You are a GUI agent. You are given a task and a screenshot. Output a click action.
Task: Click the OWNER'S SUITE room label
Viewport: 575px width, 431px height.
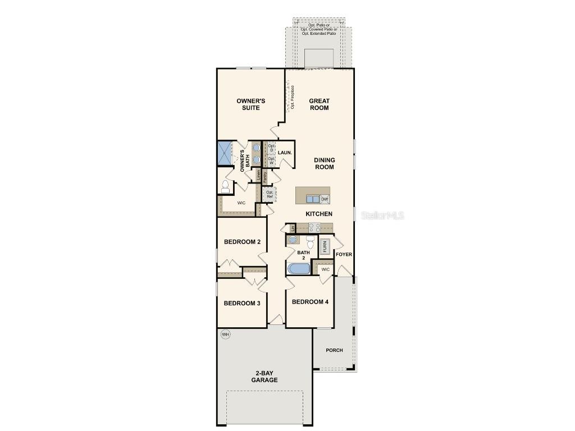250,104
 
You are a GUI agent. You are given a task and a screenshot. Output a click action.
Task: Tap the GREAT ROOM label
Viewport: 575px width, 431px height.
319,104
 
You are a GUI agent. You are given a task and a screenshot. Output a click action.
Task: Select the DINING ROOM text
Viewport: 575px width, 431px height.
324,163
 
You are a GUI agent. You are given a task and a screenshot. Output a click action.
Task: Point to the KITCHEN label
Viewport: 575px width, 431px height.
319,214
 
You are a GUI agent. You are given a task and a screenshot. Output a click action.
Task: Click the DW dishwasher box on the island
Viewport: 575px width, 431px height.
325,199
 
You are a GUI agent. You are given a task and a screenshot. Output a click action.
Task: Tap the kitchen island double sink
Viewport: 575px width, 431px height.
312,199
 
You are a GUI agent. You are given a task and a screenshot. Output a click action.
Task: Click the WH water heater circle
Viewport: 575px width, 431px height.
226,335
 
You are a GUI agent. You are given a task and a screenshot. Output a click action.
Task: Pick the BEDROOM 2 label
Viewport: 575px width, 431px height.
242,242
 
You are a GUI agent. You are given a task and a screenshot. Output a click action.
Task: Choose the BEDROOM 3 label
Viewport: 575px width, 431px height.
242,304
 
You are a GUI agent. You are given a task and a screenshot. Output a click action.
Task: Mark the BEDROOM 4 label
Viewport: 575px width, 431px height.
310,302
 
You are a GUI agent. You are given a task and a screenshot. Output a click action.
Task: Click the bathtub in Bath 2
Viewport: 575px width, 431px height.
299,269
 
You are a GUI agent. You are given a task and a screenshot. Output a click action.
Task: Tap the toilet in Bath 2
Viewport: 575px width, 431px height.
310,242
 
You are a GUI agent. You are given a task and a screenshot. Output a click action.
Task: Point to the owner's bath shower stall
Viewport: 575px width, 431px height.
225,153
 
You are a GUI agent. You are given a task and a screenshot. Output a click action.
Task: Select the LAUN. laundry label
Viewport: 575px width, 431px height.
285,153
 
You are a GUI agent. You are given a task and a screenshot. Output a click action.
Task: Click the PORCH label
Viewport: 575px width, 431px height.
335,350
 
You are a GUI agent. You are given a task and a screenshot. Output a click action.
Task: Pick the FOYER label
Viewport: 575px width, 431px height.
344,255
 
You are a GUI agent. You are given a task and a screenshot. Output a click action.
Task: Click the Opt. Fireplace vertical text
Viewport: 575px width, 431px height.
293,97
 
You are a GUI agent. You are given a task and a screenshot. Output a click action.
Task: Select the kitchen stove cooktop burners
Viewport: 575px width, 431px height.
314,228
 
